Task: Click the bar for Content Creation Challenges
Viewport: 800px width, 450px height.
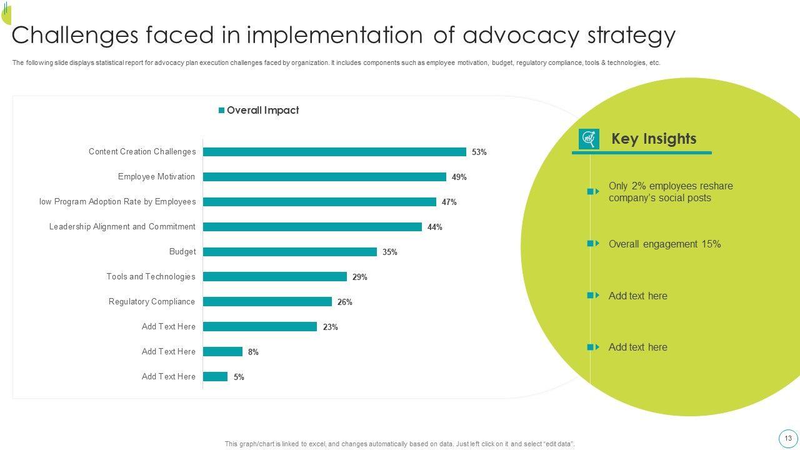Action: (334, 152)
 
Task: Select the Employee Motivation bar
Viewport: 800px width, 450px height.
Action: (324, 177)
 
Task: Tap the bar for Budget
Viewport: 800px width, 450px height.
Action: (290, 252)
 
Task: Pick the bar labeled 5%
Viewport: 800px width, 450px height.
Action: (215, 377)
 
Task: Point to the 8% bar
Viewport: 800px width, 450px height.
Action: (222, 352)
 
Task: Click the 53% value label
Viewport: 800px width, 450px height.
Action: (479, 152)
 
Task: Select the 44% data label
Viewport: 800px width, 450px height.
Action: (435, 227)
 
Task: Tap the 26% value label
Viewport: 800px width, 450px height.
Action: (345, 302)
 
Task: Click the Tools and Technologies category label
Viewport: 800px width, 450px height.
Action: (151, 277)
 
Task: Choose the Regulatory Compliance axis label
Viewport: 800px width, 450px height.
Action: (152, 302)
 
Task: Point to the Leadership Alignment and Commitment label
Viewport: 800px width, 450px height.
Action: (122, 227)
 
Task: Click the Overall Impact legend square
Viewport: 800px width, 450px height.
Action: (221, 111)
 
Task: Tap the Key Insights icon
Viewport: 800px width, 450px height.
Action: (589, 139)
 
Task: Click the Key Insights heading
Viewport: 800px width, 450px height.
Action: (654, 139)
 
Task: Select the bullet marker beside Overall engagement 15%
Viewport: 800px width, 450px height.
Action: (593, 244)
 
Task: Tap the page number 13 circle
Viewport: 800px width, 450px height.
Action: (788, 438)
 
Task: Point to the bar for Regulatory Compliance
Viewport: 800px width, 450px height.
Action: (267, 302)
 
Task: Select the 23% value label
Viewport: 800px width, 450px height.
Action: (331, 327)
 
